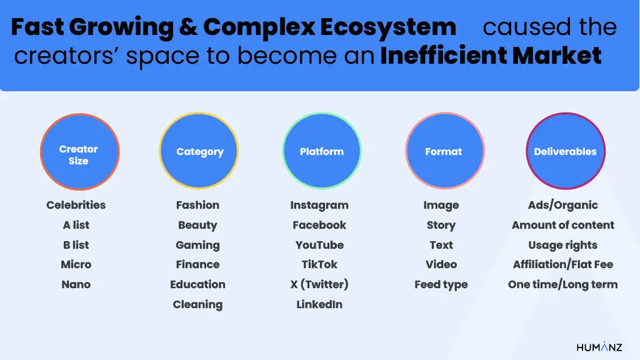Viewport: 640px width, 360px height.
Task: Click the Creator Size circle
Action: [79, 153]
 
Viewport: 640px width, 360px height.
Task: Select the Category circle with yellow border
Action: [199, 152]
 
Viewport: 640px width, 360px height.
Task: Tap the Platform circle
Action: [321, 152]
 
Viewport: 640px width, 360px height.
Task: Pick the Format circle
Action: [444, 152]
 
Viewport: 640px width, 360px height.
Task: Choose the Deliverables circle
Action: [565, 152]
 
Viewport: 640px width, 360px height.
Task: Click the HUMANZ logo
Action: [599, 347]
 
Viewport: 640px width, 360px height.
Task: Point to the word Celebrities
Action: [76, 205]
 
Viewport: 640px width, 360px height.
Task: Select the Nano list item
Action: [76, 284]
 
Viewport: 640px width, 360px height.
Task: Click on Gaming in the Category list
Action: [197, 245]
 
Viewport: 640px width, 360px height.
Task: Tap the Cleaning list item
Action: [197, 304]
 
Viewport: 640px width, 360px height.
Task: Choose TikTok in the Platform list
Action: [319, 264]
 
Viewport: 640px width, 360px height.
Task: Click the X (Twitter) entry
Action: [319, 284]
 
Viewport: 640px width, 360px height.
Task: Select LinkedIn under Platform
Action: [319, 304]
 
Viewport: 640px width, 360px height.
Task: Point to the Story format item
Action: [441, 226]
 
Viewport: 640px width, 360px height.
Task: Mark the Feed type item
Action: [441, 284]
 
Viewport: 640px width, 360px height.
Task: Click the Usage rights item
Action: [562, 245]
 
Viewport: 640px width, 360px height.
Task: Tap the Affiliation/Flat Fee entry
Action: [562, 264]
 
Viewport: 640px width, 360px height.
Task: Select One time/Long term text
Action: [562, 284]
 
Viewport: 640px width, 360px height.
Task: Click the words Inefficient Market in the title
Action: [491, 56]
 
